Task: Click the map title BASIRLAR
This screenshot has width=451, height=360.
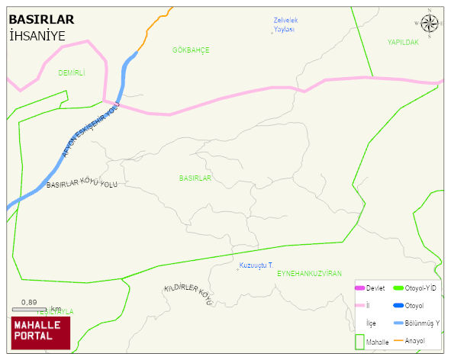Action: (41, 20)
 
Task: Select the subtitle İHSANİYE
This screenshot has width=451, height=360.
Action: (37, 36)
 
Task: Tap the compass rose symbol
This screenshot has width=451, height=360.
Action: (430, 23)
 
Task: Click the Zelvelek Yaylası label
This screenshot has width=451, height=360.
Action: (284, 24)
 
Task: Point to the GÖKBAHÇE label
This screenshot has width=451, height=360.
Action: (191, 50)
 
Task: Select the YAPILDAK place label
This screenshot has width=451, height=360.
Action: (402, 43)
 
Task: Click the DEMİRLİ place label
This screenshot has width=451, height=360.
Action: (71, 73)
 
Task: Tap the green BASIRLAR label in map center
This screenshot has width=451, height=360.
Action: (195, 178)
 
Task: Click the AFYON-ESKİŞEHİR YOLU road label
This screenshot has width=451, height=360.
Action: (91, 133)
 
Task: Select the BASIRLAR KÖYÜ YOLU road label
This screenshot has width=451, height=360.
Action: (82, 184)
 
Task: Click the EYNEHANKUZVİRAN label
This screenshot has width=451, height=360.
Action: (309, 273)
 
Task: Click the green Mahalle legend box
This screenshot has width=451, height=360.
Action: (359, 342)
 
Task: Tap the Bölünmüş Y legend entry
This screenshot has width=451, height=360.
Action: (420, 323)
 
